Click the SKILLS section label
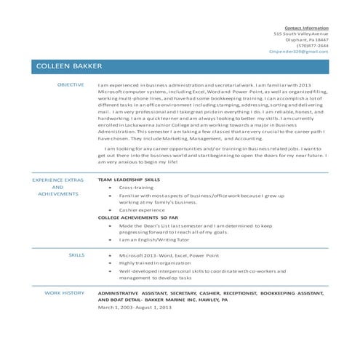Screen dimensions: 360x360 coord(76,255)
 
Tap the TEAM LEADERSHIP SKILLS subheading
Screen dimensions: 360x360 coord(129,179)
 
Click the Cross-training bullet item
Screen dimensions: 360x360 coord(137,187)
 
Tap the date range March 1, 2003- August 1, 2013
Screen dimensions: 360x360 coord(135,307)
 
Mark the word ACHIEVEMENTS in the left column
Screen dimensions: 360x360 coord(58,194)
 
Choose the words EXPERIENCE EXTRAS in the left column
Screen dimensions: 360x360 coord(58,179)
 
